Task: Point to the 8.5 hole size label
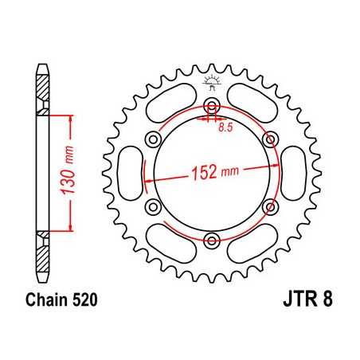226,123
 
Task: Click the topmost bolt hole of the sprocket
211,108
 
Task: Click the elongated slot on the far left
127,174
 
